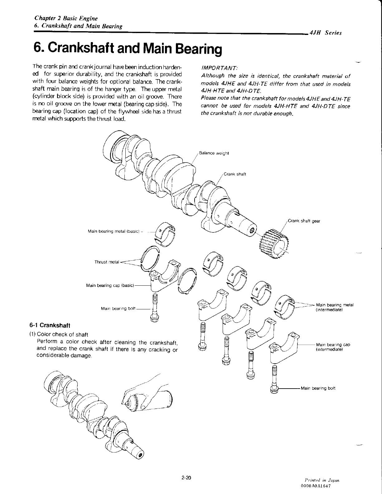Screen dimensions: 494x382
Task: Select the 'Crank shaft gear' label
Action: point(304,221)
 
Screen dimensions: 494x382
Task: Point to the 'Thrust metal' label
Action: point(107,262)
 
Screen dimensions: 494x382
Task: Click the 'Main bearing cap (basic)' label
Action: point(110,285)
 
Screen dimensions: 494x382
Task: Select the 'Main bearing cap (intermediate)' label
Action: point(333,347)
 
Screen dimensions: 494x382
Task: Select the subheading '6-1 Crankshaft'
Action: point(49,326)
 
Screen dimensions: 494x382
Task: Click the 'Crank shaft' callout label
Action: point(235,174)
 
